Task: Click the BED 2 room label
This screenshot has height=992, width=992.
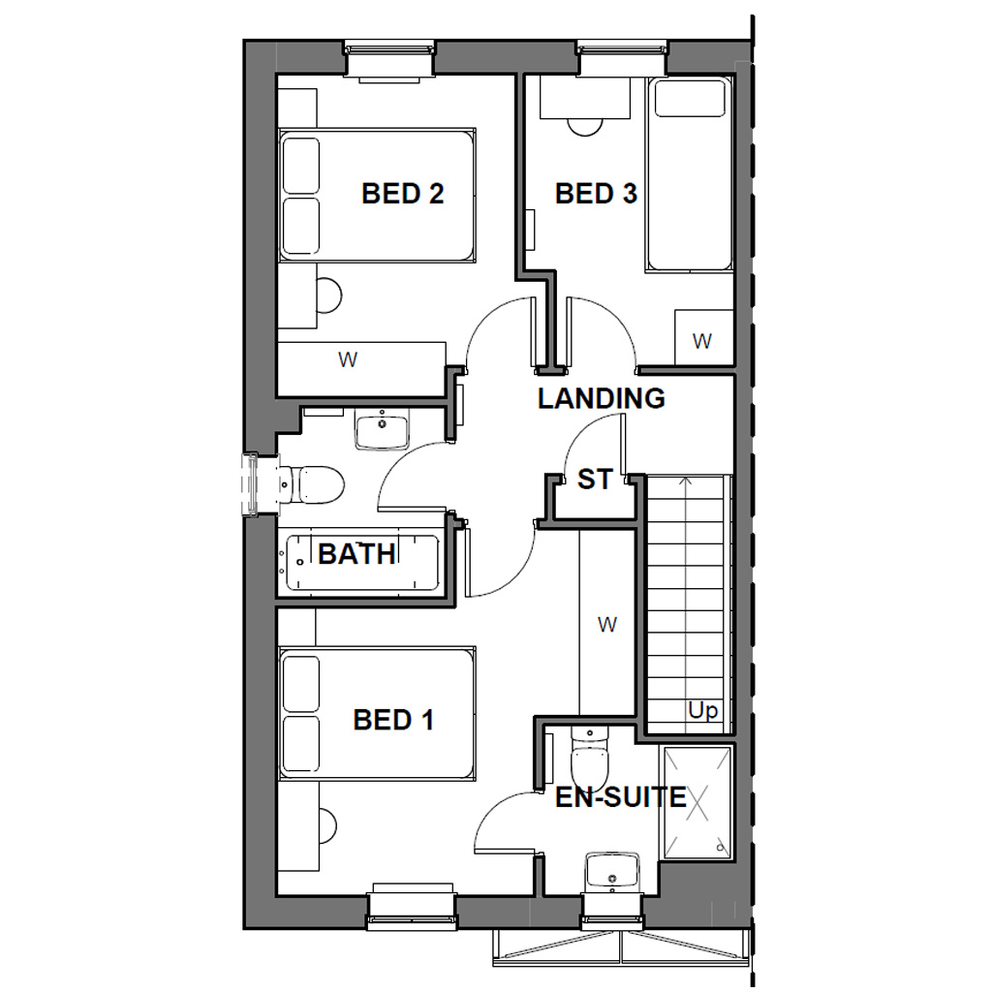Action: point(402,194)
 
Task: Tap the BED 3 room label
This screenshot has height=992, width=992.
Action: point(596,194)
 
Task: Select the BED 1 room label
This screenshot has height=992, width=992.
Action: point(393,720)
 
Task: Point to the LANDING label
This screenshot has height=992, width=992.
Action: point(602,398)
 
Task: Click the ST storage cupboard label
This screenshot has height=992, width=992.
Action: point(595,479)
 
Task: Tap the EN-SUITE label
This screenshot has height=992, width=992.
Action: point(621,798)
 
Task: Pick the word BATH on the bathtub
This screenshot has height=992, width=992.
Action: point(357,554)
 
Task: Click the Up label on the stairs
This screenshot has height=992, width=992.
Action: point(703,711)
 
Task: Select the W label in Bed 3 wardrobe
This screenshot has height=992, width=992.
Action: point(702,341)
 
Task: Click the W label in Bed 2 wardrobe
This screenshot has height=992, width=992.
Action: point(347,360)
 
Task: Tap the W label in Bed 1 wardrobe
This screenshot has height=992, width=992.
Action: point(607,625)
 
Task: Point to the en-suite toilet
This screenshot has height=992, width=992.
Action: point(589,756)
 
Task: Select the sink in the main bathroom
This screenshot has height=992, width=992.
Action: point(382,429)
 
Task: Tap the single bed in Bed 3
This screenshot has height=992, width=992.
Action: point(690,174)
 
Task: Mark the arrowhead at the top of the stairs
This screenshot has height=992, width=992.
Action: point(686,480)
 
